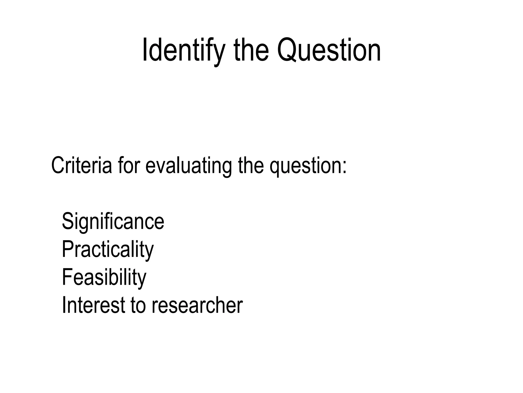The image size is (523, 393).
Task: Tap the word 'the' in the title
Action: point(251,50)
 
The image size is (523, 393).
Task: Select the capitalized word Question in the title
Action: point(329,50)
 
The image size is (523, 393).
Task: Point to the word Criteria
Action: point(81,165)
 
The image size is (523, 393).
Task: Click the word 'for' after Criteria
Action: point(129,165)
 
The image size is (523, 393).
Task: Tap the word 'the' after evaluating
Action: point(251,165)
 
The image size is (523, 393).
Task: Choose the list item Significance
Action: point(113,222)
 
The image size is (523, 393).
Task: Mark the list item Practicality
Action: point(108,250)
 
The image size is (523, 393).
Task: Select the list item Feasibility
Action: point(104,277)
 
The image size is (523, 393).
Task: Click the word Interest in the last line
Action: point(93,305)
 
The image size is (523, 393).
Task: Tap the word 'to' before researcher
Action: point(138,305)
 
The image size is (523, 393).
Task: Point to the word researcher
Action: point(197,305)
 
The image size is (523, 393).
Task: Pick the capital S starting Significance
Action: point(68,222)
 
